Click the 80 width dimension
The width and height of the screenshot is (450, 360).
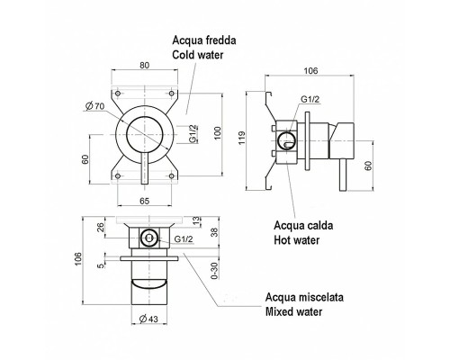coord(144,64)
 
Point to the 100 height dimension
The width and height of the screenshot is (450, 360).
coord(216,132)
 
